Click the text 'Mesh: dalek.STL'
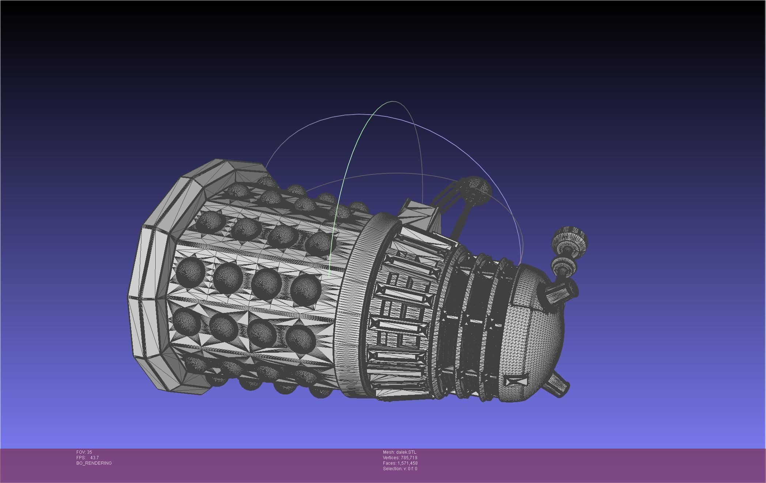(x=399, y=452)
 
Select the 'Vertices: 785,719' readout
(x=400, y=458)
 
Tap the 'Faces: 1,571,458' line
(x=400, y=463)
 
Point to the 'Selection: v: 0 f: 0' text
(x=400, y=469)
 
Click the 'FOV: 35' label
(x=84, y=452)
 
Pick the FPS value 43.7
(x=94, y=458)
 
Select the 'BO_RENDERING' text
(x=94, y=463)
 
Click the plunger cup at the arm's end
(x=477, y=188)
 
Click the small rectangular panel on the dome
(x=516, y=381)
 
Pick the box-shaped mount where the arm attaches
(x=420, y=212)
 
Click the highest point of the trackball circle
(x=393, y=101)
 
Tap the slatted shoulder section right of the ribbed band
(x=402, y=311)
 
